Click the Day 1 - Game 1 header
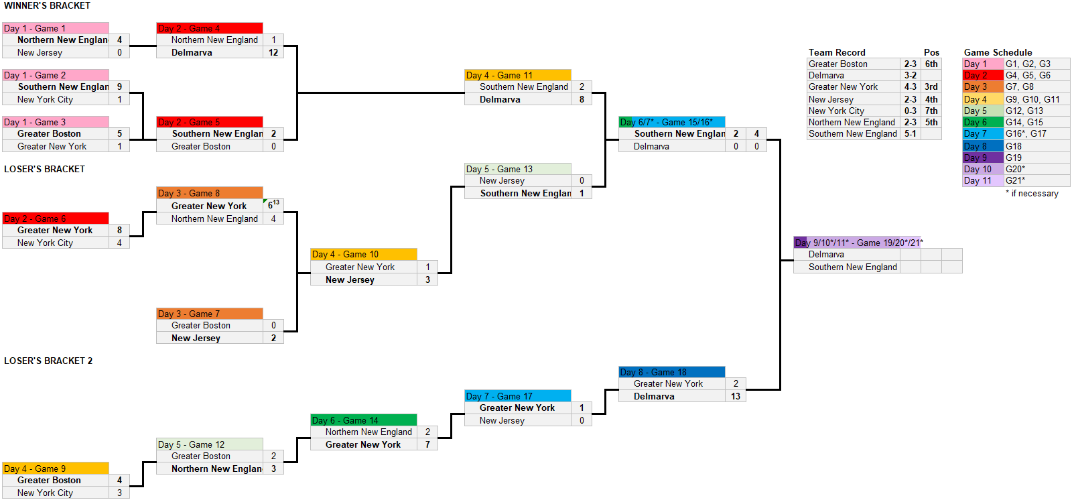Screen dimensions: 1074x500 (x=56, y=28)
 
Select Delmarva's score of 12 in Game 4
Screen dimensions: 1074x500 (x=273, y=52)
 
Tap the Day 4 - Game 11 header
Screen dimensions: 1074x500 (x=518, y=75)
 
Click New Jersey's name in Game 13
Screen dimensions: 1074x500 (x=502, y=181)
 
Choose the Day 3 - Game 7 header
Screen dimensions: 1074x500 (x=210, y=314)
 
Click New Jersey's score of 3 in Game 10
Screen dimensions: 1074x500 (x=427, y=279)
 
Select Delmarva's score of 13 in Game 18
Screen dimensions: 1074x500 (x=736, y=396)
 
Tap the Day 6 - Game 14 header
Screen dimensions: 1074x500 (x=364, y=420)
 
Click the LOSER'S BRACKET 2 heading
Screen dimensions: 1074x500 (x=48, y=361)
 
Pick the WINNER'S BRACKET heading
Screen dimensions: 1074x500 (x=47, y=6)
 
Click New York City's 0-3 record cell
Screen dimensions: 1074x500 (x=910, y=111)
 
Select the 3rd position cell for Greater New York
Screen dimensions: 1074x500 (x=931, y=87)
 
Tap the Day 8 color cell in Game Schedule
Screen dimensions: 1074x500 (x=983, y=146)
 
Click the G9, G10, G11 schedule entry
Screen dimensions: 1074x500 (x=1032, y=99)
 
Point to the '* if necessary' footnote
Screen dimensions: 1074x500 (x=1032, y=194)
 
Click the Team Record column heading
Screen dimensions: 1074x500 (x=837, y=52)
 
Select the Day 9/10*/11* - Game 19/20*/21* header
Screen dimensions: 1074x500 (x=859, y=243)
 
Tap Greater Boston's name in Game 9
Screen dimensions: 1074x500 (x=49, y=481)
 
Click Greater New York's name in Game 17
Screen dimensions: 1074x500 (x=517, y=408)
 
